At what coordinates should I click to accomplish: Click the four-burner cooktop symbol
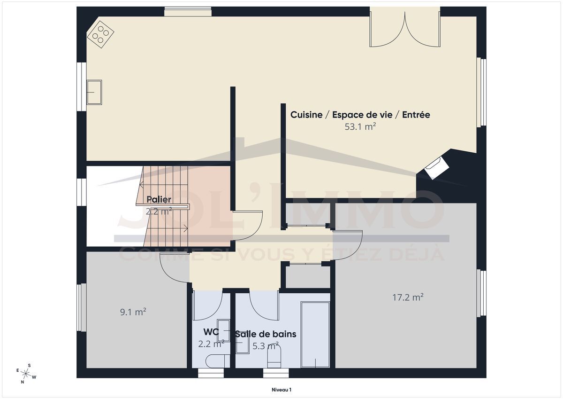point(100,34)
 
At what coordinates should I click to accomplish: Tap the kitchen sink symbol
point(94,92)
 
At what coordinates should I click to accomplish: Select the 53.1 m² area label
point(360,126)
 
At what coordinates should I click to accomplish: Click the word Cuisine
point(306,115)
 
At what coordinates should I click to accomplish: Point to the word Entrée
point(416,115)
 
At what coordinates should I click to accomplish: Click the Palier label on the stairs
point(159,199)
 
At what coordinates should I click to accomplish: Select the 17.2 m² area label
point(408,297)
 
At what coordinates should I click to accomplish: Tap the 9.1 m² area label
point(133,312)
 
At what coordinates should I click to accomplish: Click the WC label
point(211,332)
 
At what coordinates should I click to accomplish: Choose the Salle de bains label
point(266,334)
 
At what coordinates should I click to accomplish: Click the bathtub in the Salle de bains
point(315,335)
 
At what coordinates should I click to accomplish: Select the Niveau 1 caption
point(281,390)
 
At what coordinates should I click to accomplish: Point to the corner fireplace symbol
point(437,168)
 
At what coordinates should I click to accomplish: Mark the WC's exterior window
point(211,373)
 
